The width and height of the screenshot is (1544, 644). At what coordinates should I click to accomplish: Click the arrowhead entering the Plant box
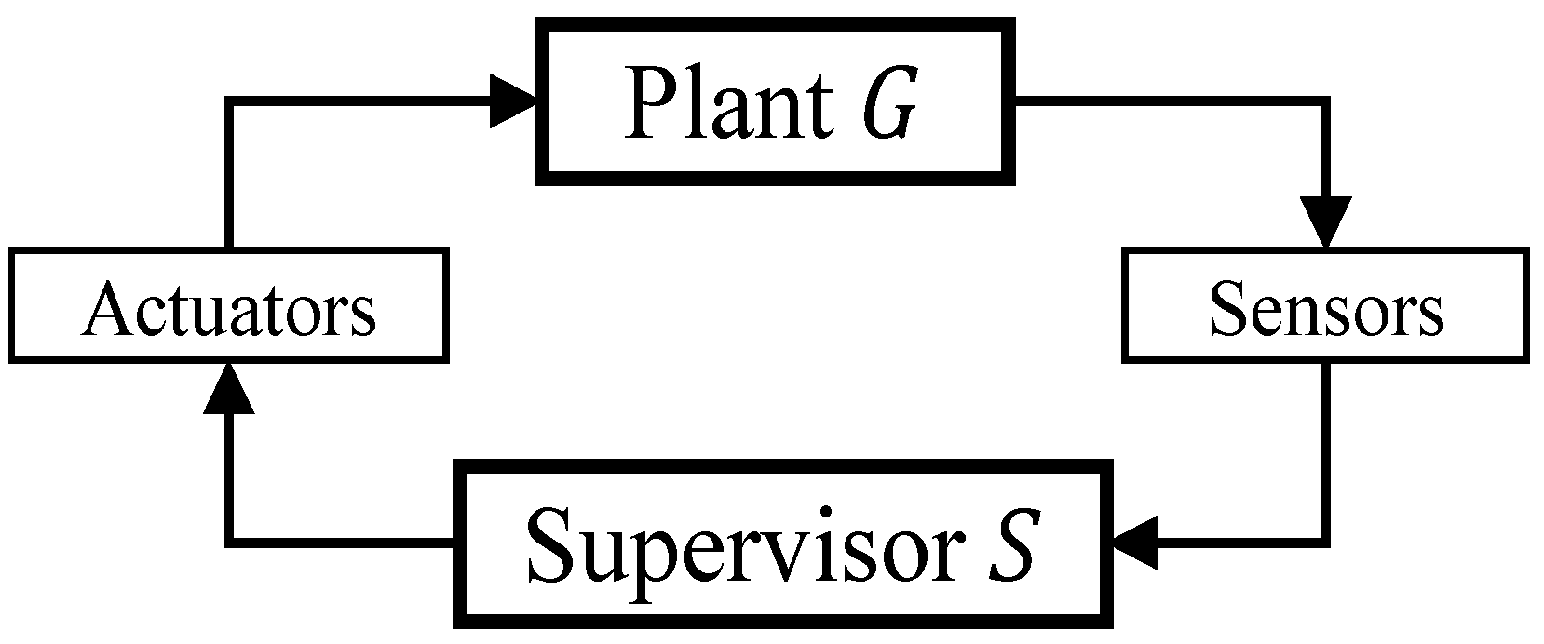512,101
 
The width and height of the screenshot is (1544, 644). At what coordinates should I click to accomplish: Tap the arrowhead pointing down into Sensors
1326,223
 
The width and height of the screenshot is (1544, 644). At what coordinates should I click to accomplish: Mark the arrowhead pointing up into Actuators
229,386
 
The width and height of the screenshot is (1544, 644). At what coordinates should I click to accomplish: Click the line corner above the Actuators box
229,101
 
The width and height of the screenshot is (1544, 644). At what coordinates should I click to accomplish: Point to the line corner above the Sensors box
1326,101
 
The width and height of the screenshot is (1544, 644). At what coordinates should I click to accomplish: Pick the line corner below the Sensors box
1326,541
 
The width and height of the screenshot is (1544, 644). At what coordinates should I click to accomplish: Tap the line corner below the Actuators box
229,541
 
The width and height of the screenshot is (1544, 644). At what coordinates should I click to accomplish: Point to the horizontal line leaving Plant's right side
1164,101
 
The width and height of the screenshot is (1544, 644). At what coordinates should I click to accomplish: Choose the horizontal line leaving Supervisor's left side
345,541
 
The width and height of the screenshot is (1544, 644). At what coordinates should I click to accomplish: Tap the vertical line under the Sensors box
1326,447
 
